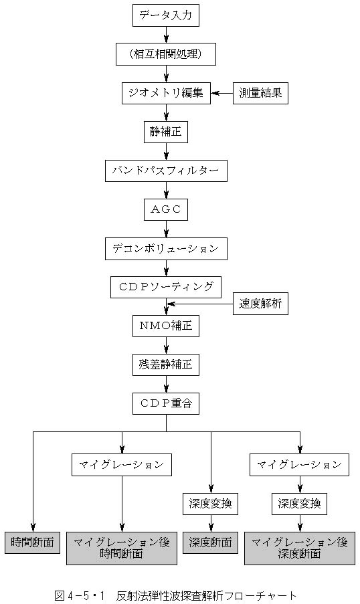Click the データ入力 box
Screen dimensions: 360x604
point(166,16)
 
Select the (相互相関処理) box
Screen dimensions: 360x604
point(166,54)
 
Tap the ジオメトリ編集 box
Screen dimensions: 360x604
point(166,93)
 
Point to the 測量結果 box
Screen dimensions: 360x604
point(260,93)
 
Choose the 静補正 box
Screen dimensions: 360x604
point(166,132)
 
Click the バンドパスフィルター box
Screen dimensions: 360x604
point(166,171)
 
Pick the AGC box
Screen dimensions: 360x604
point(166,209)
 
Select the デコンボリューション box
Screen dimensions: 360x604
point(166,248)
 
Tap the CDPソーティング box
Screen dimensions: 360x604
point(166,287)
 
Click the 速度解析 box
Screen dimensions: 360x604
point(260,304)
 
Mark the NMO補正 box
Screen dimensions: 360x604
point(166,326)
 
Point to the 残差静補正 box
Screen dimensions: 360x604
point(166,365)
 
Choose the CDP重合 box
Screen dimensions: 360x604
point(166,403)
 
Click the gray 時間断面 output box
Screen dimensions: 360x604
point(33,542)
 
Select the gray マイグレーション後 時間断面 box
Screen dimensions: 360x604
point(122,548)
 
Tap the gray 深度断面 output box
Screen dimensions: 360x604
point(211,542)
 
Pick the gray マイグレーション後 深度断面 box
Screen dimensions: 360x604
point(300,548)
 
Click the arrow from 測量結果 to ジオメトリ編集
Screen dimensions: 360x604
point(222,93)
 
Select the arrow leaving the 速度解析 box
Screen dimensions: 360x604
point(199,304)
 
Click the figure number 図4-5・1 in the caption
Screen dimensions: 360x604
point(80,595)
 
